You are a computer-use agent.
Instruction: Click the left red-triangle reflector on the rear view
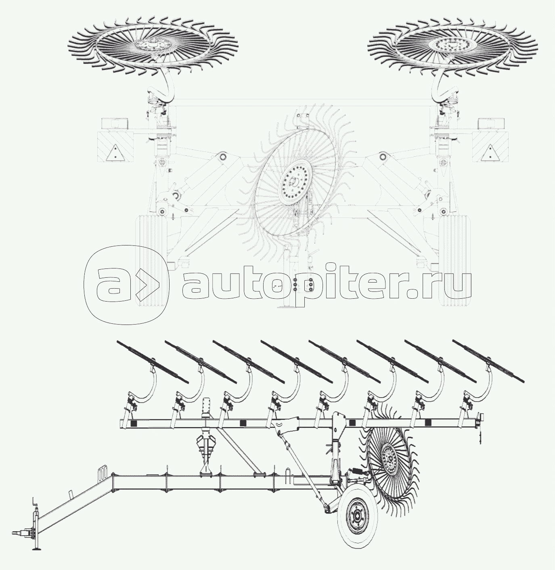tap(115, 152)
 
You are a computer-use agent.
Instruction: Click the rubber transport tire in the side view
tap(358, 516)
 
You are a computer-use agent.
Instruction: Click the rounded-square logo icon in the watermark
tap(127, 285)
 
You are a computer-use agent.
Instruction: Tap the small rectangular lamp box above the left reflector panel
tap(115, 123)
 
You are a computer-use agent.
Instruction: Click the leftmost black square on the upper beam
tap(134, 423)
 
